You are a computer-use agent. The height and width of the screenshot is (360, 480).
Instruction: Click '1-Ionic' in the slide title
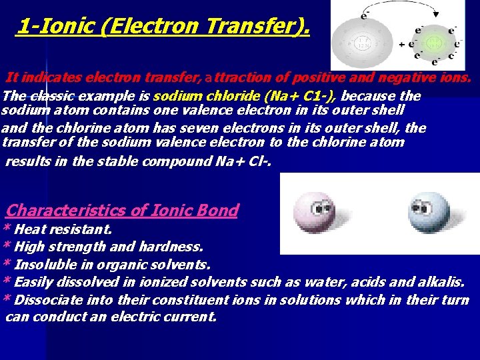(x=51, y=26)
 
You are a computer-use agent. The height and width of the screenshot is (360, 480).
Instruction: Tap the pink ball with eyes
(x=310, y=213)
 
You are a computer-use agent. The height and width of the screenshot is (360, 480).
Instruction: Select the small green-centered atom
(x=433, y=45)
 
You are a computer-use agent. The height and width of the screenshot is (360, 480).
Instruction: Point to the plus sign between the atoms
(x=403, y=45)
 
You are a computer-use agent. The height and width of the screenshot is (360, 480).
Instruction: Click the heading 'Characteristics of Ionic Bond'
(x=122, y=211)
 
